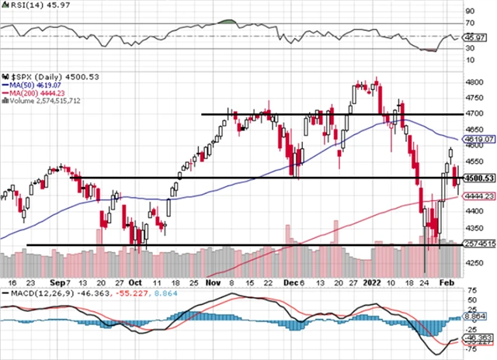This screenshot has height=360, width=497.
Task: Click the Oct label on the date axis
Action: [x=135, y=284]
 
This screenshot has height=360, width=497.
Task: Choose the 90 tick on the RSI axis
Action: [x=471, y=12]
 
